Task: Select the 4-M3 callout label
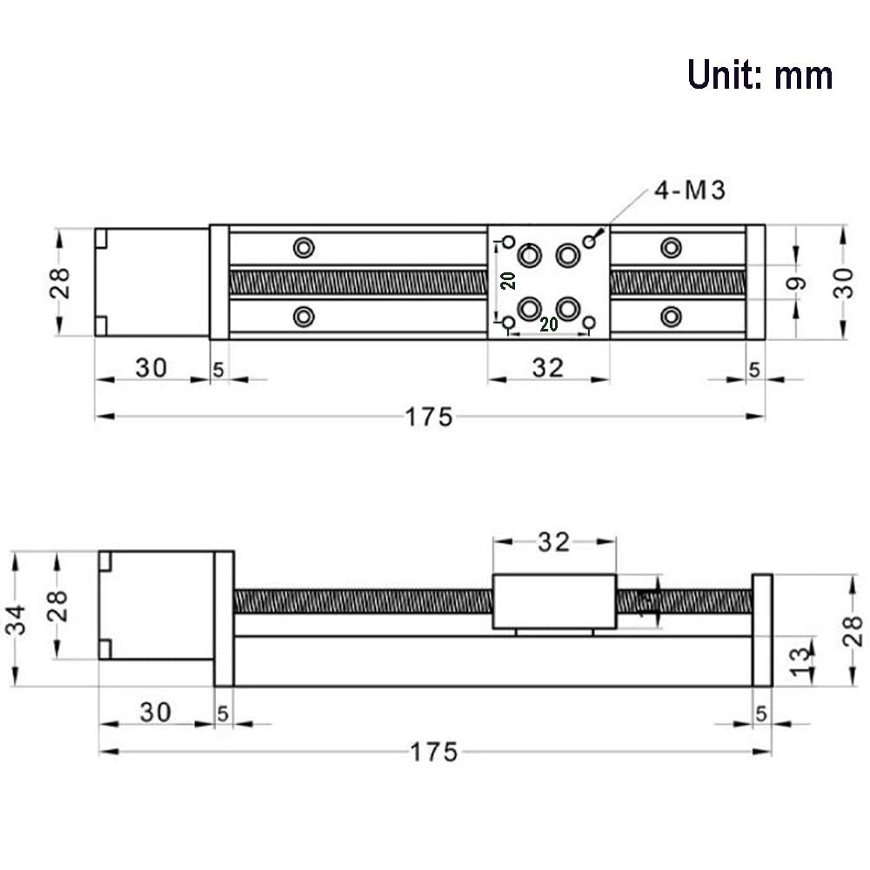click(x=690, y=191)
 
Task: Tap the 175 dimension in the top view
click(x=429, y=418)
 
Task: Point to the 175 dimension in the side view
click(x=432, y=752)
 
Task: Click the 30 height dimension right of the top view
click(x=843, y=282)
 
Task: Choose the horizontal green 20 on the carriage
click(x=548, y=325)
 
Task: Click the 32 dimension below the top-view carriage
click(x=548, y=367)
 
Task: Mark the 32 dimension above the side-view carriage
click(x=553, y=543)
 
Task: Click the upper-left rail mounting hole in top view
click(x=304, y=248)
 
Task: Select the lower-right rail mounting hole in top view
click(x=670, y=316)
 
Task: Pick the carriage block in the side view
click(x=554, y=601)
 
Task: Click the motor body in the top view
click(x=152, y=282)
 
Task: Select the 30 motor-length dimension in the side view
click(x=157, y=713)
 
